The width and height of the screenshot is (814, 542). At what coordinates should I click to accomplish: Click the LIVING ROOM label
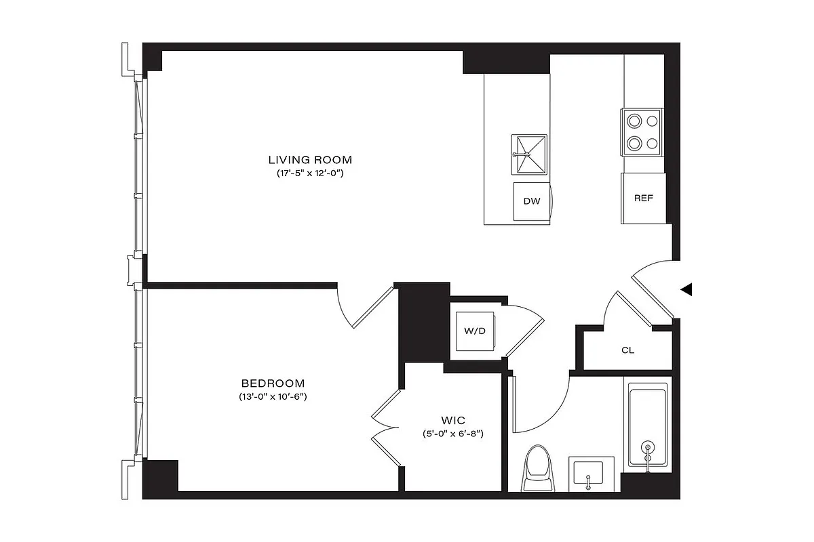click(310, 160)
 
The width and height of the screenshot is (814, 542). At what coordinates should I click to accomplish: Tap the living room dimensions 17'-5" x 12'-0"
click(310, 173)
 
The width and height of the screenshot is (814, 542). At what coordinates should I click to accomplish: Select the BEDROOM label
click(272, 383)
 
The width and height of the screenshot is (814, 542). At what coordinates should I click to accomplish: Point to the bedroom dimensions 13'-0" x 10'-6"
click(272, 396)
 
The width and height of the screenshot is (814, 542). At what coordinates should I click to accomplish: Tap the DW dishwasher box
click(531, 202)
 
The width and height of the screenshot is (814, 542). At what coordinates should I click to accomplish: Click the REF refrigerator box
click(643, 199)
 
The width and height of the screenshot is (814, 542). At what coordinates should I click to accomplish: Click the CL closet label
click(628, 350)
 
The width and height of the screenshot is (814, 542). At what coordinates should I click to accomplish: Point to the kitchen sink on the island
click(529, 154)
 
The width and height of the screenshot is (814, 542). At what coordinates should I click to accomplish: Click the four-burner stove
click(642, 132)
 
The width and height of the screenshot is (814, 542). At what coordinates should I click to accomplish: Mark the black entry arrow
click(686, 290)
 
